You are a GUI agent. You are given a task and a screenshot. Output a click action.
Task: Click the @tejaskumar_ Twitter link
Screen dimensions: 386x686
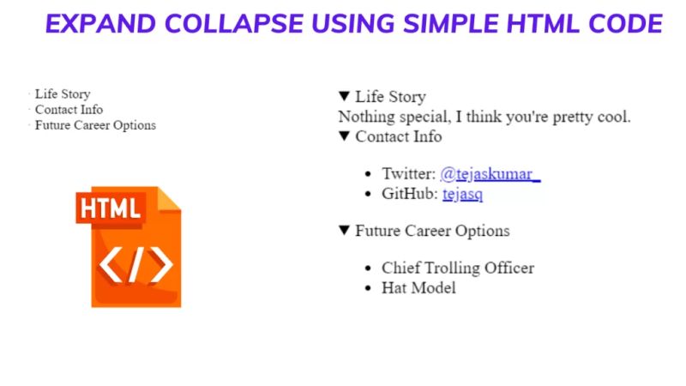click(x=490, y=174)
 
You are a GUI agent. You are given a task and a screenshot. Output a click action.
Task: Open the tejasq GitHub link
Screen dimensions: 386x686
click(x=463, y=195)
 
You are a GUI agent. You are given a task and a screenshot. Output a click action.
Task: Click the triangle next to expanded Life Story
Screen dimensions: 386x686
click(x=345, y=96)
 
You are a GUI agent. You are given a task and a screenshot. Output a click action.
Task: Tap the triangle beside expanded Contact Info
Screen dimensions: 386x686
click(x=345, y=136)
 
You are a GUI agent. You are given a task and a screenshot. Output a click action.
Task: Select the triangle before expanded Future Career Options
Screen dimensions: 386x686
click(x=345, y=230)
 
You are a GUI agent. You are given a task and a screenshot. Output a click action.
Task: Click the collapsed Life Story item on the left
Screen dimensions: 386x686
click(x=62, y=94)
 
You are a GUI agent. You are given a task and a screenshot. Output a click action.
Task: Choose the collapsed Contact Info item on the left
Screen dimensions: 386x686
click(x=69, y=110)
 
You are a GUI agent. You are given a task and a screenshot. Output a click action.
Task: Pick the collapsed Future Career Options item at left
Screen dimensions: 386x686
click(x=95, y=125)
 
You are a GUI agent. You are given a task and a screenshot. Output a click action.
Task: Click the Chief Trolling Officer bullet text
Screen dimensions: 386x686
click(x=458, y=268)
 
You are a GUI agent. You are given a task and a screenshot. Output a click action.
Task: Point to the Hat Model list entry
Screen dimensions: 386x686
click(x=418, y=288)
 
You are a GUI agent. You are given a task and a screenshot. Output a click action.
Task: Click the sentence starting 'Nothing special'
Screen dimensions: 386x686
click(x=484, y=117)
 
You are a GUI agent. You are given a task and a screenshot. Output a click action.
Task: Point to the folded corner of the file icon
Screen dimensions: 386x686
click(x=169, y=198)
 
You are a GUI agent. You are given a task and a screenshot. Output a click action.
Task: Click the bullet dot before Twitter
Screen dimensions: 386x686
click(x=369, y=174)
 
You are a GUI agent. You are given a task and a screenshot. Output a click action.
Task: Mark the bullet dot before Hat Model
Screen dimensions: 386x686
click(x=369, y=289)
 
